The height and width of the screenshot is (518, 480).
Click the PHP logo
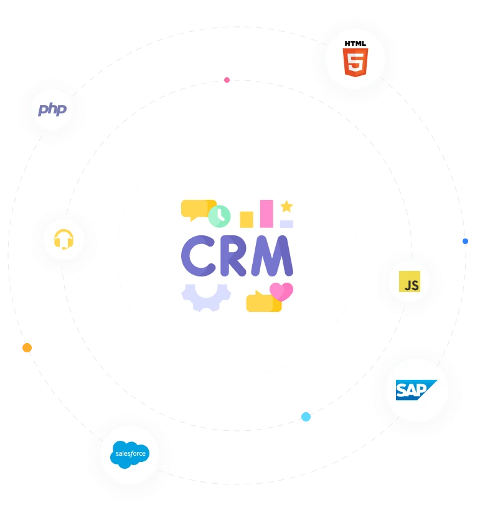[x=52, y=110]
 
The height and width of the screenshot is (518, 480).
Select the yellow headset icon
[x=64, y=238]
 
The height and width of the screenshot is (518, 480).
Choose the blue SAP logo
[x=416, y=390]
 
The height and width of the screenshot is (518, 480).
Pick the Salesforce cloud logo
[x=129, y=454]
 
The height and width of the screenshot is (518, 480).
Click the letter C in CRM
[x=198, y=256]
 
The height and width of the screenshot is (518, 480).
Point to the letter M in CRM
[x=271, y=256]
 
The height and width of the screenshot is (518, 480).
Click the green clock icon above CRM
[x=219, y=216]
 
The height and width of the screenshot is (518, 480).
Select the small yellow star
[x=286, y=207]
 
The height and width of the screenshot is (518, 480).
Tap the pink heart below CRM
[x=281, y=291]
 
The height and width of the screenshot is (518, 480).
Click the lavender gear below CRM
[x=205, y=295]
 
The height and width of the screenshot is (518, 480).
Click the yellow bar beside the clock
[x=247, y=219]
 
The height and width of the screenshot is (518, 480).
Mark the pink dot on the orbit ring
[x=227, y=80]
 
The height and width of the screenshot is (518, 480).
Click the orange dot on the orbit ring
[x=27, y=347]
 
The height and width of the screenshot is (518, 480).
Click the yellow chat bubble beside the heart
[x=261, y=303]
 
